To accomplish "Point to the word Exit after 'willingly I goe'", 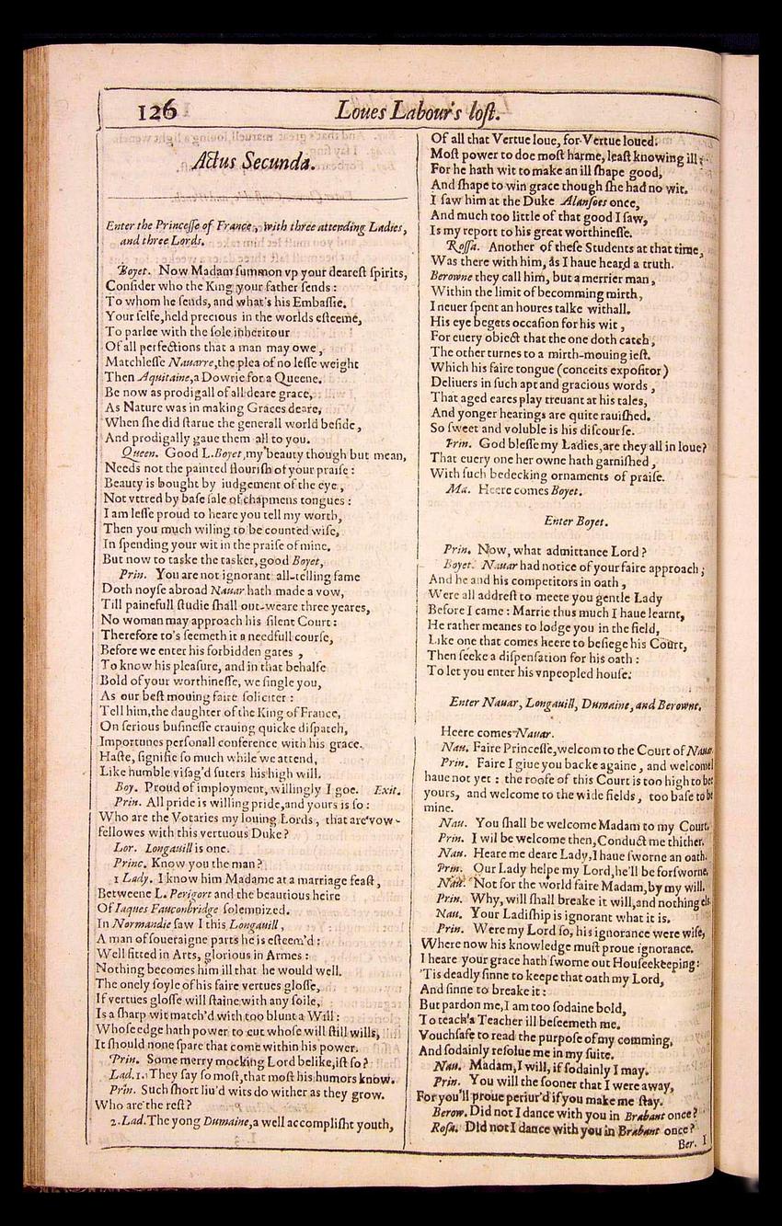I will pos(386,788).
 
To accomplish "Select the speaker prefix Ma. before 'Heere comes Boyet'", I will pos(457,490).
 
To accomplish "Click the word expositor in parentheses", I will pos(625,369).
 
